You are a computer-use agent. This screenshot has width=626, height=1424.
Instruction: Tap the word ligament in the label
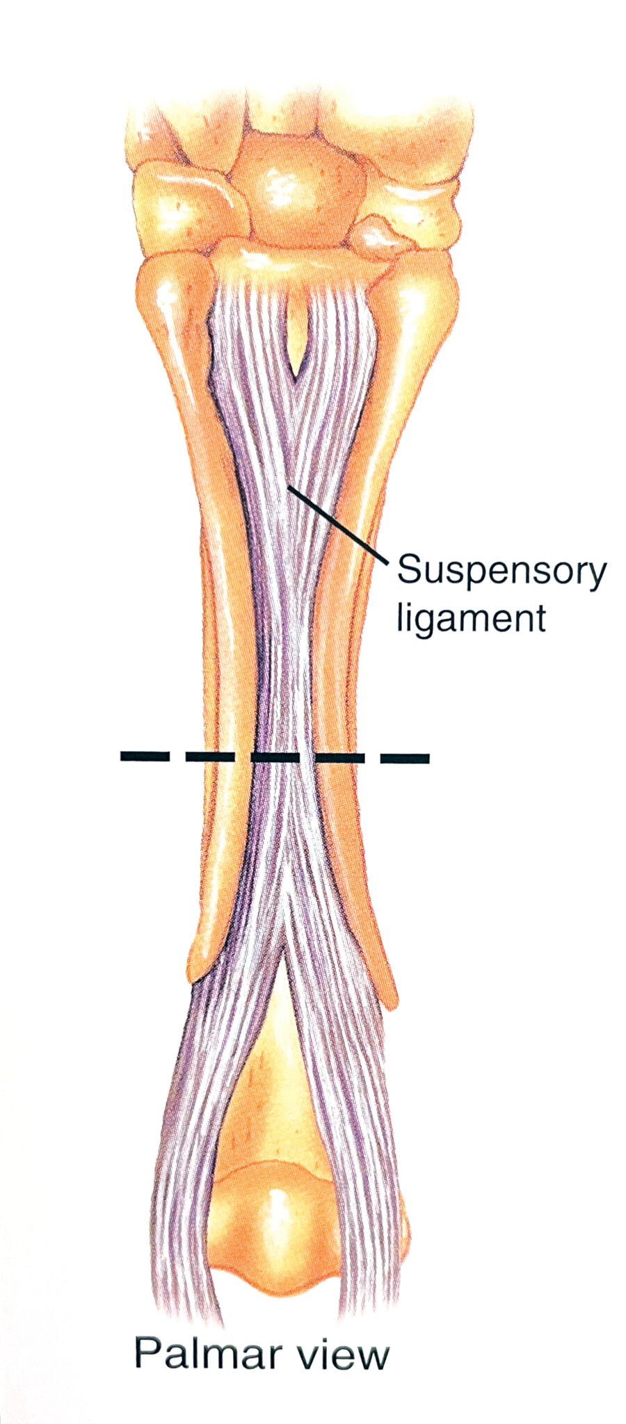470,618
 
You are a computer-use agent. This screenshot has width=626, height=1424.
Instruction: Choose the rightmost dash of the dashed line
404,757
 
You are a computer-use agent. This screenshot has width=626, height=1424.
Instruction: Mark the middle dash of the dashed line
275,756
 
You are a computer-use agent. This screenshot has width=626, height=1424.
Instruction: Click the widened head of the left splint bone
170,292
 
